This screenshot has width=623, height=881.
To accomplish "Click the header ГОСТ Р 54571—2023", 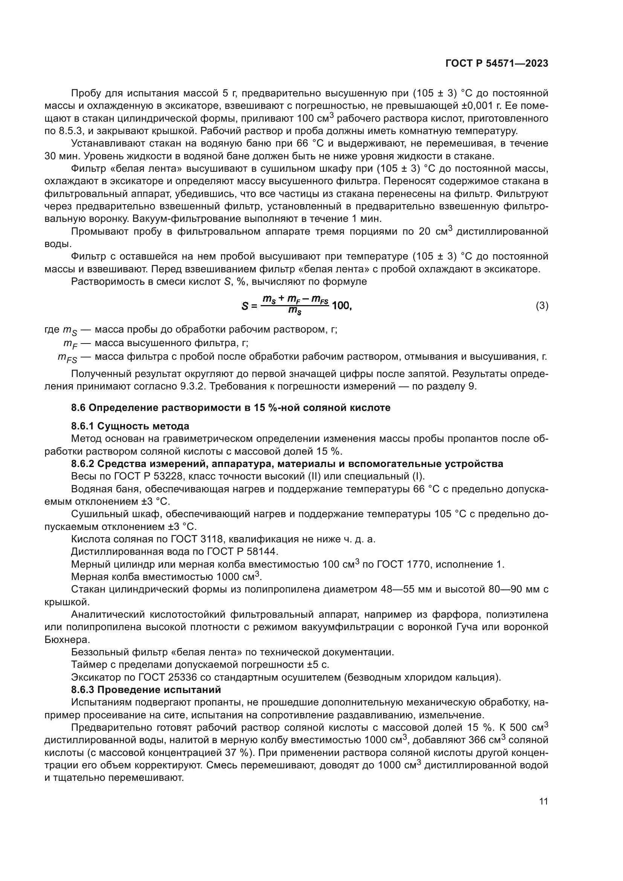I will pyautogui.click(x=496, y=64).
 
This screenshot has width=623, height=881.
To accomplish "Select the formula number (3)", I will pyautogui.click(x=542, y=306).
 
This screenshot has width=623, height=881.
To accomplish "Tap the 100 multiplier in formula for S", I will pyautogui.click(x=341, y=306).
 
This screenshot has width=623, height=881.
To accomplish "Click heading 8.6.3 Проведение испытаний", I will pyautogui.click(x=146, y=690).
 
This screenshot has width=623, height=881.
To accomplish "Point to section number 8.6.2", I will pyautogui.click(x=82, y=464).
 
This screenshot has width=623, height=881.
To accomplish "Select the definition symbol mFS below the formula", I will pyautogui.click(x=67, y=357).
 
